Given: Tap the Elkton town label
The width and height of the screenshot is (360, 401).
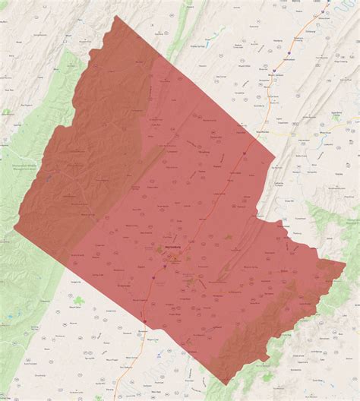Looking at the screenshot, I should click(286, 271).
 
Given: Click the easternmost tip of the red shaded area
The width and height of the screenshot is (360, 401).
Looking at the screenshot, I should click(345, 264).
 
